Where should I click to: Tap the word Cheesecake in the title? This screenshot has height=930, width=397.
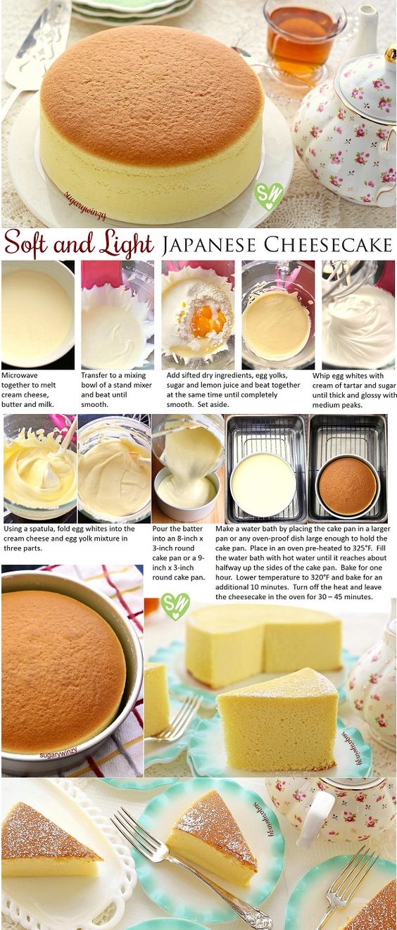click(327, 245)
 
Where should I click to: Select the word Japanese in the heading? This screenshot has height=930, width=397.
click(209, 245)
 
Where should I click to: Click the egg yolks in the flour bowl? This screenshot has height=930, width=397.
click(208, 321)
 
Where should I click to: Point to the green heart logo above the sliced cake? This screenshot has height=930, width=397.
click(175, 606)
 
